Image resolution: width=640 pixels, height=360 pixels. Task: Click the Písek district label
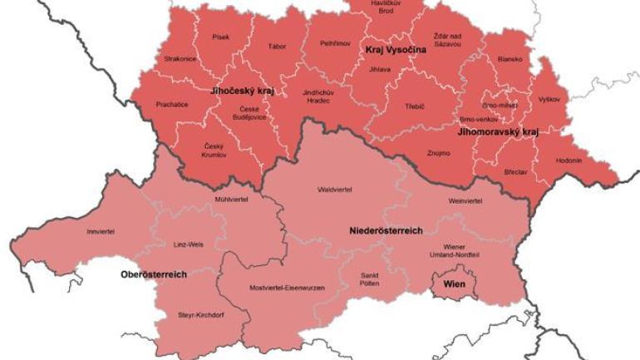(220, 37)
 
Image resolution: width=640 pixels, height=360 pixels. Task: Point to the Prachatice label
(172, 104)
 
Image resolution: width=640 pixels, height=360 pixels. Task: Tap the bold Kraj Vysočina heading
(396, 51)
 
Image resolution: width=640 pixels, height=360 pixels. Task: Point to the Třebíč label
(415, 107)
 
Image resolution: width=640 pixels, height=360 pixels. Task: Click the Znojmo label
(438, 153)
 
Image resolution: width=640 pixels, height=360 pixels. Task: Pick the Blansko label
(510, 60)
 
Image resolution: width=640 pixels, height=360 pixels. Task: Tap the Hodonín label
(568, 159)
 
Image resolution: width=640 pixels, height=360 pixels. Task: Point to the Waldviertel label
(335, 190)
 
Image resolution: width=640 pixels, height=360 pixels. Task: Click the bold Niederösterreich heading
(385, 230)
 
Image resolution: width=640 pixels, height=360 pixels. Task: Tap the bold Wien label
(455, 284)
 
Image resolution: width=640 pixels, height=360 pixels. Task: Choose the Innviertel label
(101, 231)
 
